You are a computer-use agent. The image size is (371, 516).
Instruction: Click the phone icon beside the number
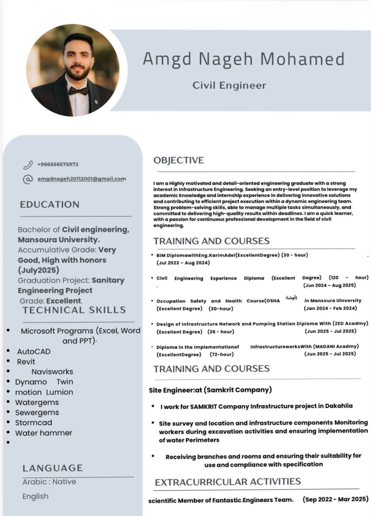[x=28, y=165]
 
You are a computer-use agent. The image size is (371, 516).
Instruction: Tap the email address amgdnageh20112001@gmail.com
[x=82, y=179]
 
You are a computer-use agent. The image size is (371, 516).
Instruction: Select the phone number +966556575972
[x=58, y=164]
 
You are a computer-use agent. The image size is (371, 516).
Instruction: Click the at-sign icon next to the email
[x=28, y=179]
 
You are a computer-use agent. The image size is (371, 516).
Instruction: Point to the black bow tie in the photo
[x=79, y=91]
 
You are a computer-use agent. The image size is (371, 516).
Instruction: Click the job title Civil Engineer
[x=229, y=85]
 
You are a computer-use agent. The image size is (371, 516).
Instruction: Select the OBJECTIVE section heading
[x=179, y=160]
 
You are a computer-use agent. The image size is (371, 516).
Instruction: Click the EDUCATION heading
[x=50, y=204]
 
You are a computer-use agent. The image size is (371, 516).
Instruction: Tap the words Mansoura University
[x=59, y=240]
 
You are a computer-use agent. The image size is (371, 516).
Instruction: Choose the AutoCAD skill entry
[x=34, y=351]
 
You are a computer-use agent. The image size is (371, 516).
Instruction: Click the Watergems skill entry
[x=37, y=402]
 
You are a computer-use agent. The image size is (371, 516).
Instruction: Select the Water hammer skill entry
[x=43, y=433]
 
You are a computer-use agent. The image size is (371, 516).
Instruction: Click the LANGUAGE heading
[x=53, y=468]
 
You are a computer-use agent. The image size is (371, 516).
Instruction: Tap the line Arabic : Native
[x=49, y=482]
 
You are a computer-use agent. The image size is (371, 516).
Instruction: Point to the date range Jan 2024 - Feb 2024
[x=330, y=308]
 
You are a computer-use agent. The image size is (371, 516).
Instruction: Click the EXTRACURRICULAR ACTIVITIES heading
[x=228, y=482]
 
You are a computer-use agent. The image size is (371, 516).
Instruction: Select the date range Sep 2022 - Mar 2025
[x=335, y=499]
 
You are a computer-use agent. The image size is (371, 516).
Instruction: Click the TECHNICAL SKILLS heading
[x=74, y=310]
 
